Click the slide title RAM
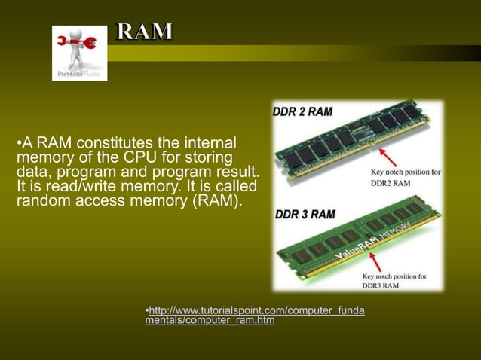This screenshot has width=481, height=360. pos(144,32)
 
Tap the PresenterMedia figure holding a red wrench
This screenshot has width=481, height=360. pos(78,47)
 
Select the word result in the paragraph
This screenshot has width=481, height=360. pos(237,172)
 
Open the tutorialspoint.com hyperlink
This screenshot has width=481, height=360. pos(255,316)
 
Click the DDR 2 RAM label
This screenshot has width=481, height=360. pos(302,112)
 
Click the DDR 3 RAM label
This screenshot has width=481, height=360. pos(305,214)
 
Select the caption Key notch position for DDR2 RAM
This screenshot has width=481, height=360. pos(406,176)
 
